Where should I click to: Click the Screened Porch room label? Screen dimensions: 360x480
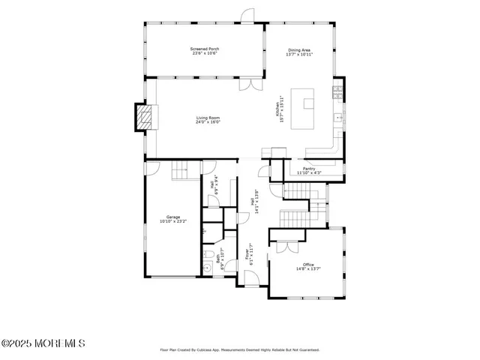[x=205, y=51]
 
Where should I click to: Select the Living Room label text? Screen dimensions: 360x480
[x=208, y=119]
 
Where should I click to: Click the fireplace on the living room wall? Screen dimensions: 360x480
[x=143, y=117]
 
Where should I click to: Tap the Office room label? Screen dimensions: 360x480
[x=308, y=266]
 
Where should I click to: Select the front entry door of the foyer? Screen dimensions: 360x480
[x=253, y=279]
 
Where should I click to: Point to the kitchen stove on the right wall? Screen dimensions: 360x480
[x=339, y=94]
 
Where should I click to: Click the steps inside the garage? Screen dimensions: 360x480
[x=181, y=173]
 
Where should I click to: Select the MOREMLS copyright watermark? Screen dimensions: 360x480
[x=43, y=343]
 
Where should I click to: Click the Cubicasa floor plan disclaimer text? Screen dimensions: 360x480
[x=239, y=349]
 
